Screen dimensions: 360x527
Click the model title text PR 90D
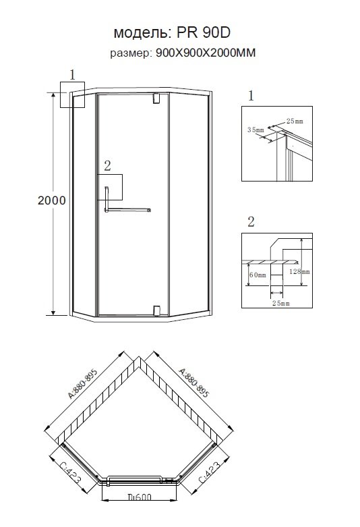pos(204,32)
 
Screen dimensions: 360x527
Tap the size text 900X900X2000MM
pos(206,53)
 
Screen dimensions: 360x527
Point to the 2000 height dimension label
pos(51,200)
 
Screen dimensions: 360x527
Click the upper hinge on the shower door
pos(156,98)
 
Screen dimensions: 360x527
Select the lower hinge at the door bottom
pos(156,311)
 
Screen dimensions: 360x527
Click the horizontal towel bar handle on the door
pos(127,210)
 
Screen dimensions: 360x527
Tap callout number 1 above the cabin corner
pos(73,75)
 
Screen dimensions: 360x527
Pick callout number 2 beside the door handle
pos(107,165)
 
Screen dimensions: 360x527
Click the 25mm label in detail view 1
pos(295,121)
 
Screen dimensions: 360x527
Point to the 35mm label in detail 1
pos(256,130)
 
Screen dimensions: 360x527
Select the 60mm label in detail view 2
pos(258,275)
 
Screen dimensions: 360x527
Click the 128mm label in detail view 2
pos(299,271)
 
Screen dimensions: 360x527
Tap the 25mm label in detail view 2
pos(280,303)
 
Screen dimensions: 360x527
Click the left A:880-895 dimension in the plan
pos(83,383)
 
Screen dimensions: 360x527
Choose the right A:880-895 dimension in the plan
pos(194,383)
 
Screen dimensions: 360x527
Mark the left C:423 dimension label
pos(71,473)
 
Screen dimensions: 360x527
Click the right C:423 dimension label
pos(210,472)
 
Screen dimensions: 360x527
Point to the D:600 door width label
pos(140,497)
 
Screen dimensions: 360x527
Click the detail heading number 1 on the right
pos(251,96)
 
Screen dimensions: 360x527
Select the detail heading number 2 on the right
pos(251,222)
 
